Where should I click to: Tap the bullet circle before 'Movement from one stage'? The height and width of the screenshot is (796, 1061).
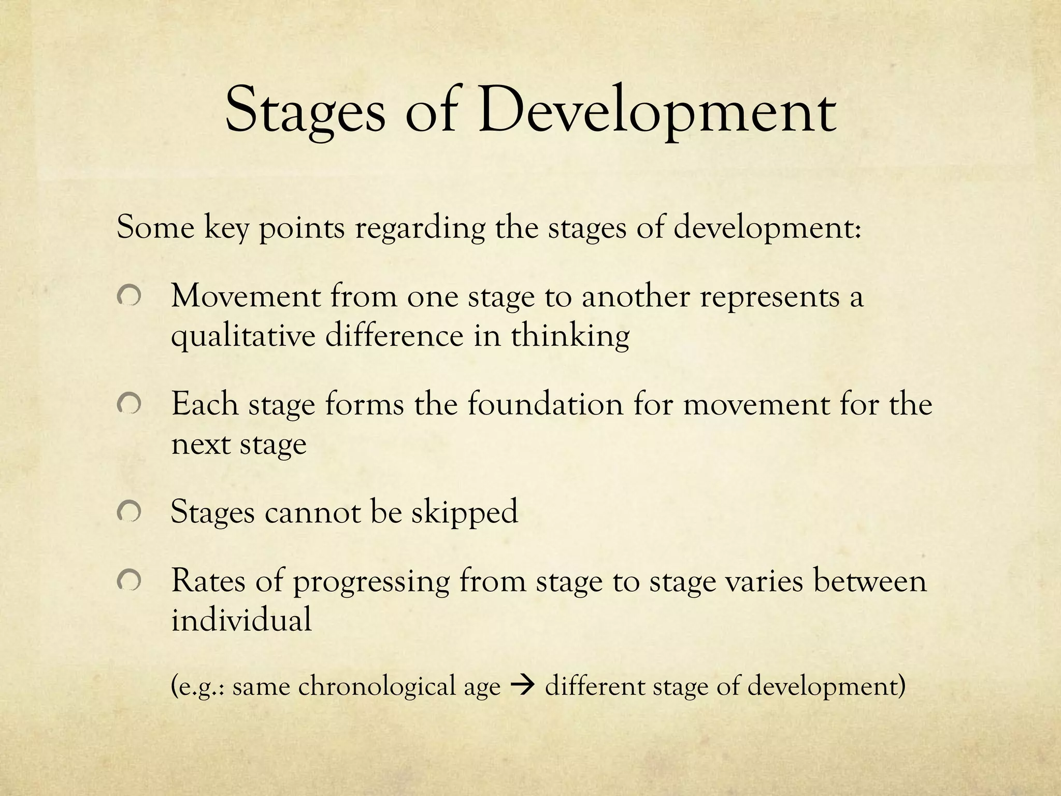(128, 297)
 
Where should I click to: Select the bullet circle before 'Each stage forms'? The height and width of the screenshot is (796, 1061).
(128, 404)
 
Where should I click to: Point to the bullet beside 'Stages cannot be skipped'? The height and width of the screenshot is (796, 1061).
(128, 512)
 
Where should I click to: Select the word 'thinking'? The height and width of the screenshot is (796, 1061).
(570, 337)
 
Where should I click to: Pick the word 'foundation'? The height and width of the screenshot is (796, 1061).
(545, 404)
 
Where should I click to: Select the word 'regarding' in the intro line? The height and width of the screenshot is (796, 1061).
(420, 229)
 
